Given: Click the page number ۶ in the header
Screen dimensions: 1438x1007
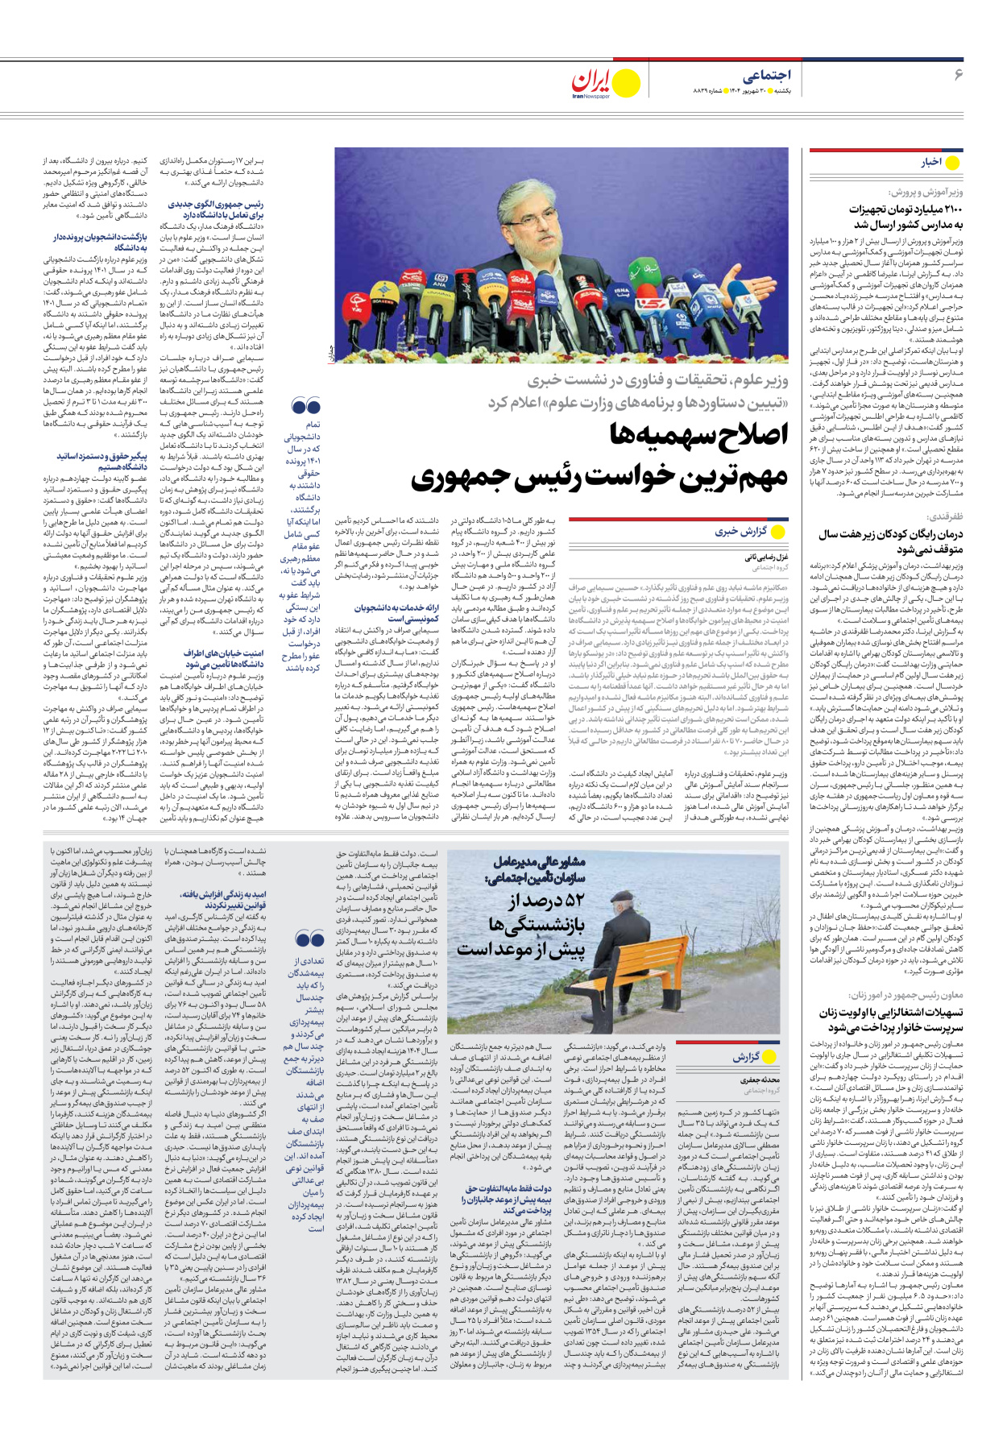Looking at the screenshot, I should point(958,75).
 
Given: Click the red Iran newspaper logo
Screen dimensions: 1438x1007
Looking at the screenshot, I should point(595,81).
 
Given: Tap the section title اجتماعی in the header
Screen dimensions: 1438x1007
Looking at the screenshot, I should point(767,75).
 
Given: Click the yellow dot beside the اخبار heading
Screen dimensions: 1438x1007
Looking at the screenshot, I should point(953,162).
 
